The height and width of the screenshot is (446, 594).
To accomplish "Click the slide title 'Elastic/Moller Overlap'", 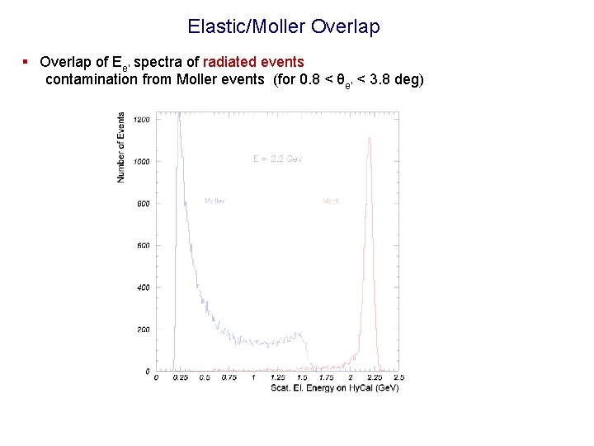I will pos(283,26).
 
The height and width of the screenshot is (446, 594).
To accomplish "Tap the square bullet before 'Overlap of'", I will pos(26,62).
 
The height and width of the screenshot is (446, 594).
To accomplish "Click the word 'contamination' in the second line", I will pos(92,79).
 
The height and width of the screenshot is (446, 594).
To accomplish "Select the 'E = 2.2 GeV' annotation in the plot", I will pos(277,159).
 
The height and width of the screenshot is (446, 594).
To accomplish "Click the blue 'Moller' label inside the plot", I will pos(214,201).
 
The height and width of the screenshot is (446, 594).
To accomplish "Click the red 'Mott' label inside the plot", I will pos(331,201).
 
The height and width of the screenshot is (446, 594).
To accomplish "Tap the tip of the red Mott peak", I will pos(369,138).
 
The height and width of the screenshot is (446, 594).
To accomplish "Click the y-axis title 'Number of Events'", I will pos(121,147).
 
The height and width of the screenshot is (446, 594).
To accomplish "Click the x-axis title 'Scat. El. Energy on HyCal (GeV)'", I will pos(334,387).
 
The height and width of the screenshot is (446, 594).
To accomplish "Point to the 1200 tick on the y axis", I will pos(142,120).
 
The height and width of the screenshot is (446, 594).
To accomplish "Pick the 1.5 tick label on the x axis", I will pos(301,377).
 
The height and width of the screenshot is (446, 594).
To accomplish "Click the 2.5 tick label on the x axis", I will pos(398,377).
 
